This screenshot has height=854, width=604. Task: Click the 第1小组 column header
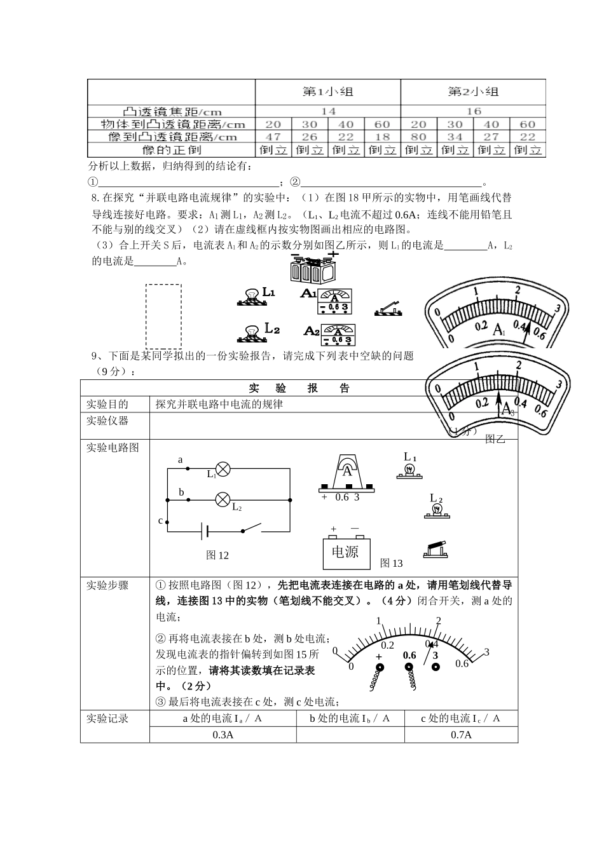coord(327,92)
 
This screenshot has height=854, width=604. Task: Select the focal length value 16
coord(473,111)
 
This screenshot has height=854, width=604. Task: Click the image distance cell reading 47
coord(273,137)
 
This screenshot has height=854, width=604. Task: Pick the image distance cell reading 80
coord(418,137)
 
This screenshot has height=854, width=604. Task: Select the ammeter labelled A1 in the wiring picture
coord(334,301)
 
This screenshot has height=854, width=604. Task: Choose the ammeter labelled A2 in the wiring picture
coord(338,334)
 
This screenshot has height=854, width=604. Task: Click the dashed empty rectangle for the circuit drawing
coord(163,316)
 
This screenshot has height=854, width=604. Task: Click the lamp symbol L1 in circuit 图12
coord(223,470)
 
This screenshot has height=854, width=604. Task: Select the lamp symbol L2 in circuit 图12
coord(223,499)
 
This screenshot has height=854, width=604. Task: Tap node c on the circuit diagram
coord(167,522)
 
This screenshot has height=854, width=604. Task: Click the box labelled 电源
coord(345,553)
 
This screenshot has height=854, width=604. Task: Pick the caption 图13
coord(391,563)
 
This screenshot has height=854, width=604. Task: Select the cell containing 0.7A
coord(461,735)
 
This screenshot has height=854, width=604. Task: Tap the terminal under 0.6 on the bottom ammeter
coord(409,668)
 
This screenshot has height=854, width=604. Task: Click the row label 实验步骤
coord(107,585)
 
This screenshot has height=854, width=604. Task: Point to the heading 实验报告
coord(299,388)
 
